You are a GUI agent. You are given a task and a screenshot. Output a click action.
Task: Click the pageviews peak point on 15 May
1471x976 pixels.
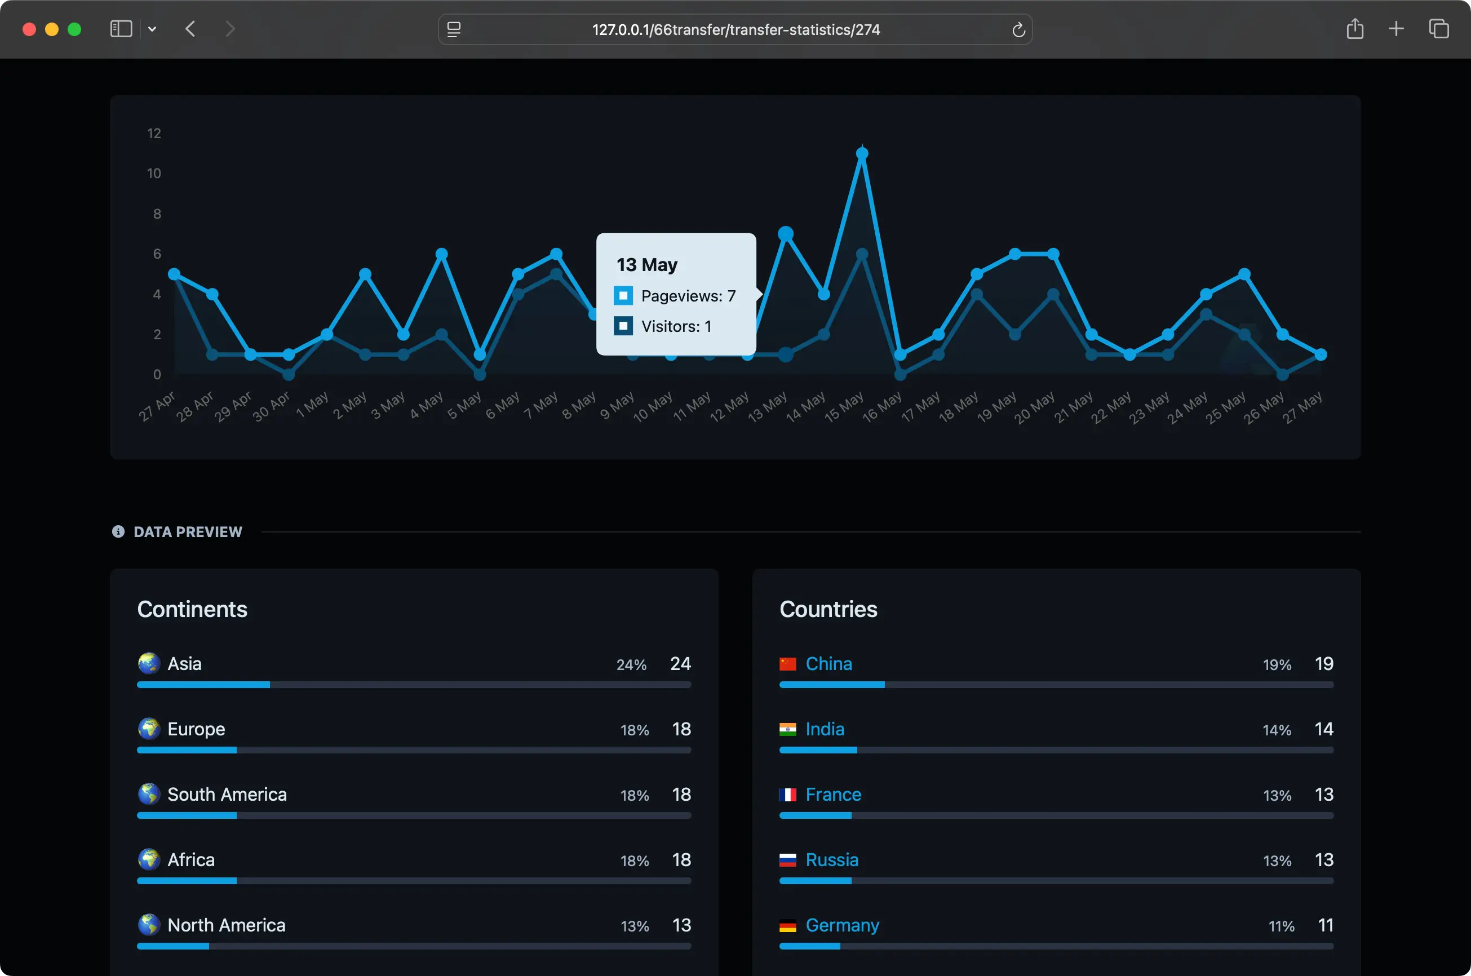click(862, 154)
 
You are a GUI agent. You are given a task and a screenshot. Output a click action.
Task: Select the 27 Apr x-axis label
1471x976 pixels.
click(156, 406)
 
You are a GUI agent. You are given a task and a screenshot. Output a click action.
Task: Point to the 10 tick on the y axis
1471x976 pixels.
click(154, 174)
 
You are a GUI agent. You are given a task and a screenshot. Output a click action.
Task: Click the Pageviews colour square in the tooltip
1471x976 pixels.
click(623, 296)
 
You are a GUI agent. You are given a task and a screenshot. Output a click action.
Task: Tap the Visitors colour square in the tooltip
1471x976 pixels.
click(623, 326)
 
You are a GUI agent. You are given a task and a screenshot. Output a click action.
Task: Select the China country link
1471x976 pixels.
click(828, 663)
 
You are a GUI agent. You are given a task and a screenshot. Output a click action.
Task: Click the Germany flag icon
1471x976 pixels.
click(787, 926)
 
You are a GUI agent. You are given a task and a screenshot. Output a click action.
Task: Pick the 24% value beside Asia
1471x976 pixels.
click(631, 665)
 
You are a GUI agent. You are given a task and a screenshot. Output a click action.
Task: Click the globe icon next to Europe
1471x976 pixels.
click(149, 729)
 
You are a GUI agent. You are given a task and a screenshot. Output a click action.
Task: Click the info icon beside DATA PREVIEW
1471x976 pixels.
click(118, 531)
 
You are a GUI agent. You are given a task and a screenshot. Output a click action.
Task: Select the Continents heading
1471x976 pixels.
click(192, 609)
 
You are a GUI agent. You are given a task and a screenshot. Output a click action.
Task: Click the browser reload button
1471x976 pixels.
click(1018, 30)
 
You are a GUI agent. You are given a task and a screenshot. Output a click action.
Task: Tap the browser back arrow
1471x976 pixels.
click(190, 29)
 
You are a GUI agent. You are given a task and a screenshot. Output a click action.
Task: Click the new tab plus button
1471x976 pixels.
click(1396, 29)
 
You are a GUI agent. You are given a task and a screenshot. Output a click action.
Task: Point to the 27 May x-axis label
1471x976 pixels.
click(1302, 407)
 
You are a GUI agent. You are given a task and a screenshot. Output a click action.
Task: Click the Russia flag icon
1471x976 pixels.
click(787, 860)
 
